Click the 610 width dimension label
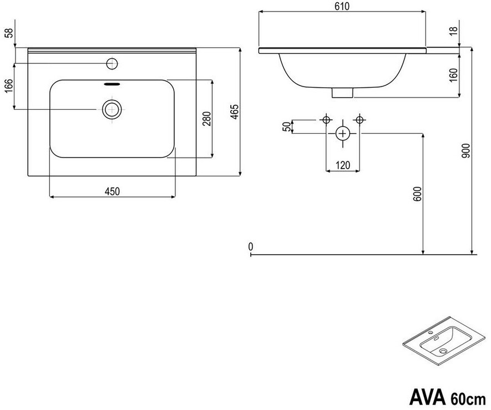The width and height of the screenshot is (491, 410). [x=342, y=6]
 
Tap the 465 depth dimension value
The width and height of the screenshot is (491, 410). [x=235, y=112]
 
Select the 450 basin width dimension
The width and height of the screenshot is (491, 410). [x=113, y=191]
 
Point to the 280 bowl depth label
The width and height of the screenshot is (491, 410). [x=207, y=119]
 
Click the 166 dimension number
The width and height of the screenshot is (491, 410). [x=9, y=86]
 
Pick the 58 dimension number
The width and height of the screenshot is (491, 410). [x=9, y=33]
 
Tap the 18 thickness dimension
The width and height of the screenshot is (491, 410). [x=454, y=31]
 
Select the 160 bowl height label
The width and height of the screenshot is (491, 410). [x=453, y=75]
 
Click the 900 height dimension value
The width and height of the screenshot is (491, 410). [x=466, y=151]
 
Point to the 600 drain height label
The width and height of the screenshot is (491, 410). [x=418, y=194]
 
